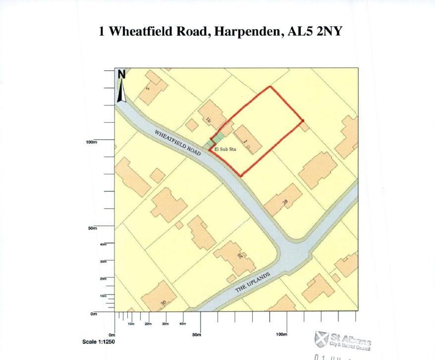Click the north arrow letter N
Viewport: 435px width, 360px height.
[x=121, y=74]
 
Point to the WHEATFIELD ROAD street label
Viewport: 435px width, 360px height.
[x=177, y=143]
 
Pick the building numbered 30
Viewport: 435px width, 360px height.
[x=159, y=298]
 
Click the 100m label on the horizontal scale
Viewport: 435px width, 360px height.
[x=281, y=335]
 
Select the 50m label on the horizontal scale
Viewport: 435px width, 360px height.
[x=197, y=335]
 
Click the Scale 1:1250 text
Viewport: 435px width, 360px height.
[x=99, y=342]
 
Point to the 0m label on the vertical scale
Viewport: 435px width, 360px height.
[x=93, y=313]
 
